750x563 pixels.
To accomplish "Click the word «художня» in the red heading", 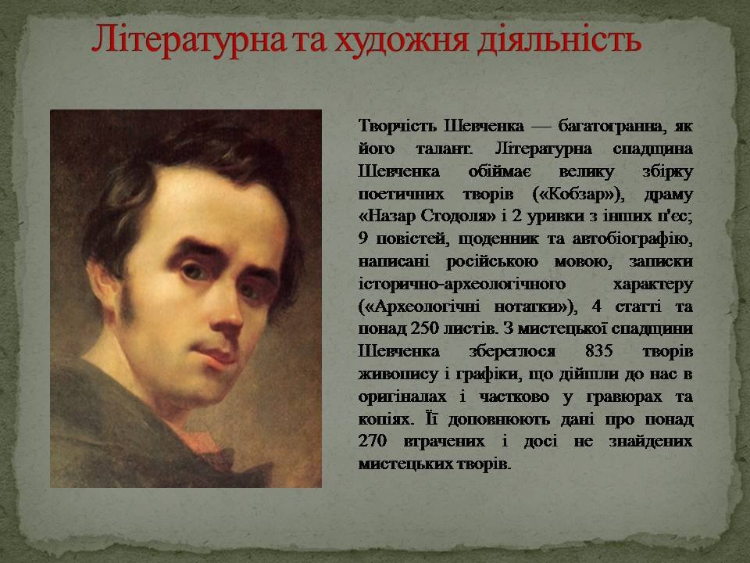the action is coord(400,40).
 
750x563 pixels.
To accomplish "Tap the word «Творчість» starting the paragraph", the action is coord(397,126).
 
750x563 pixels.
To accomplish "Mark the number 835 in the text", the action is coord(598,351).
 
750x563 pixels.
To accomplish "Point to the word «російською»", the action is coord(491,262).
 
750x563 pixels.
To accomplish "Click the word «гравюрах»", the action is coord(623,397).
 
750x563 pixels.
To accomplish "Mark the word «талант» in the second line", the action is coord(444,149).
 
